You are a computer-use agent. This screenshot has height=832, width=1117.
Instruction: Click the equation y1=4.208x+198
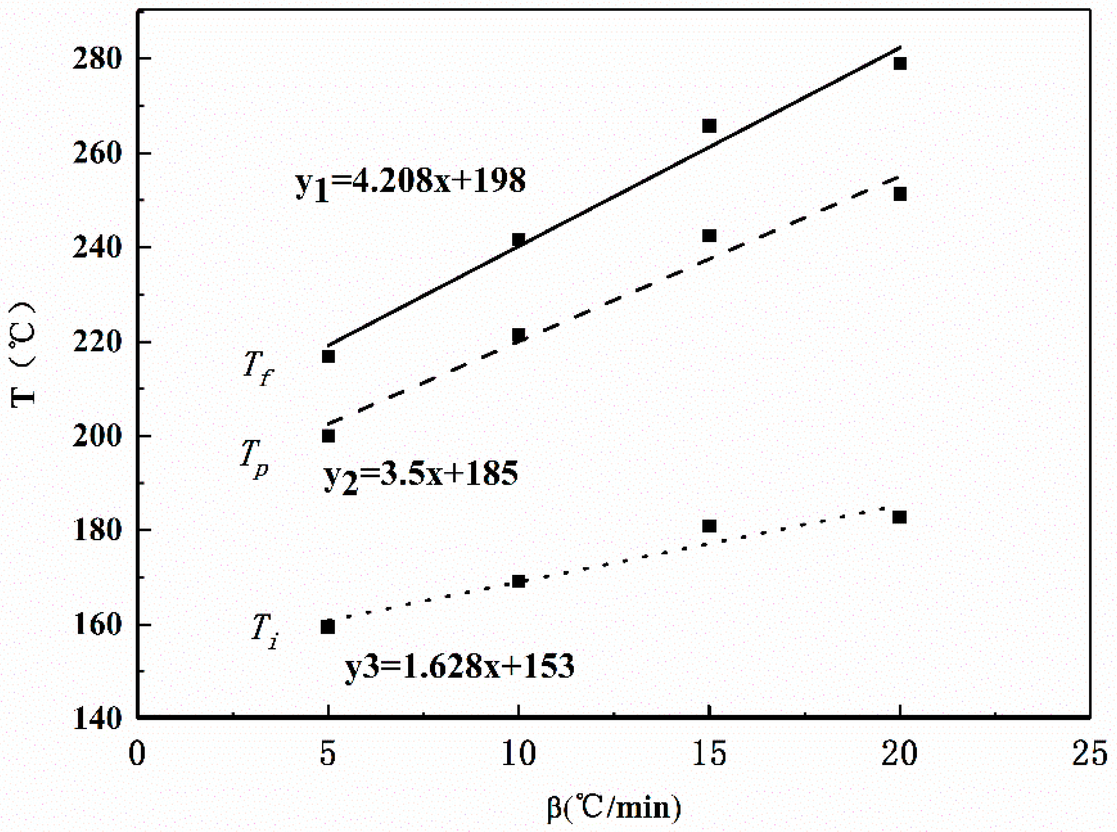coord(410,182)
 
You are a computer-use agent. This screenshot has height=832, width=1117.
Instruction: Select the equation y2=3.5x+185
coord(421,475)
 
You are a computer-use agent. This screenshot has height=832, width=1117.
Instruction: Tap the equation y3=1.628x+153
coord(459,667)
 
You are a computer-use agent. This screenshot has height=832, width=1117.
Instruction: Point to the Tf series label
coord(258,368)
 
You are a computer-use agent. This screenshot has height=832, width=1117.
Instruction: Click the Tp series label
coord(254,457)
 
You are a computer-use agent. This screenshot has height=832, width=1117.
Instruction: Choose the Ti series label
coord(265,631)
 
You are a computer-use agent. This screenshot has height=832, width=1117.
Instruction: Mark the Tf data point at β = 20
coord(899,64)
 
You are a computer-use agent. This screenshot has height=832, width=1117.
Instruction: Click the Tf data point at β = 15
coord(709,125)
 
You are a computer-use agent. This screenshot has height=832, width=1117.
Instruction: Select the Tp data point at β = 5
coord(328,436)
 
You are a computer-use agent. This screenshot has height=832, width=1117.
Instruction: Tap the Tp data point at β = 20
coord(899,194)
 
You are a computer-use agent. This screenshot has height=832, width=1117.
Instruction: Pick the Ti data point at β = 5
coord(328,626)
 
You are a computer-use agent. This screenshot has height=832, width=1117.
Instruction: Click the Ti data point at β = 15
coord(709,526)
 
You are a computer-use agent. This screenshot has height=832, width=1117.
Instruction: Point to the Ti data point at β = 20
coord(899,517)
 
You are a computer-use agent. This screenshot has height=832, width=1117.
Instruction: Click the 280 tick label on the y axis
coord(97,59)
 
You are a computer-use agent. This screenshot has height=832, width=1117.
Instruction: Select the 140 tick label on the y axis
coord(97,719)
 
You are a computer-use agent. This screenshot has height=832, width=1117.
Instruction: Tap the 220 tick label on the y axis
coord(97,343)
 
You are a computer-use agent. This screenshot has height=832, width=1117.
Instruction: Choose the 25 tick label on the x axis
coord(1089,754)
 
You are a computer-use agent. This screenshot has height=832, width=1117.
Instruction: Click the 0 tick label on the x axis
coord(137,754)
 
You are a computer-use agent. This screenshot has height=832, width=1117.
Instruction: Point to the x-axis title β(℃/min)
coord(613,807)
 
